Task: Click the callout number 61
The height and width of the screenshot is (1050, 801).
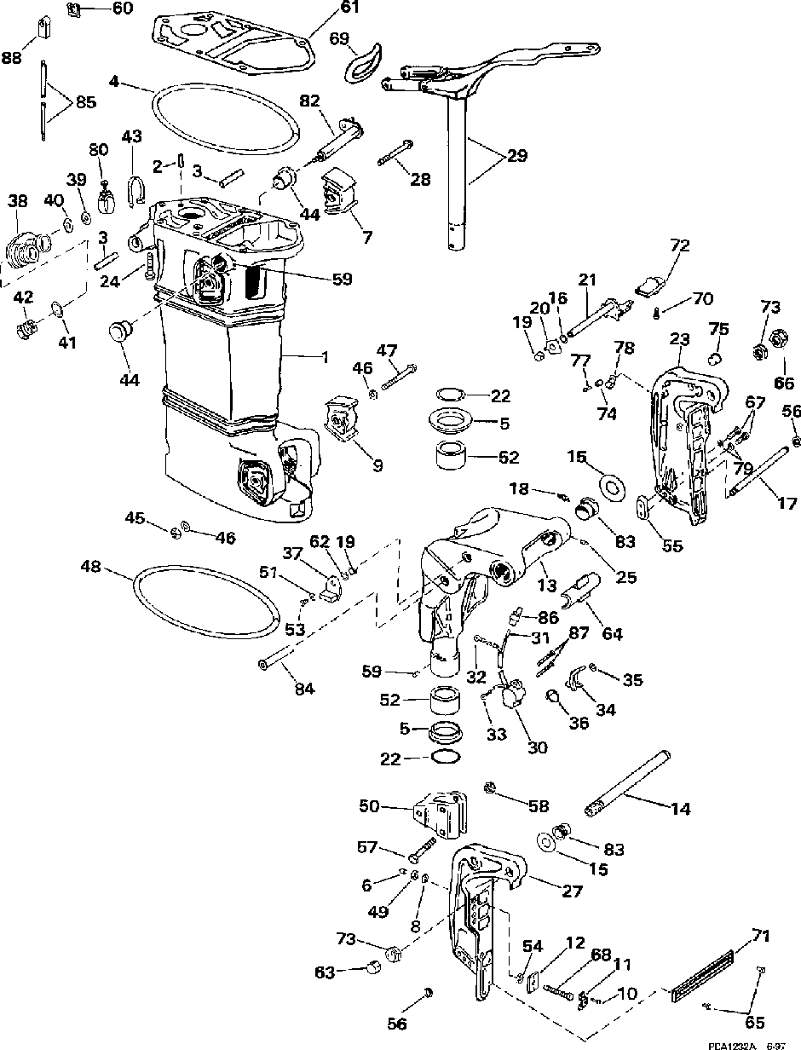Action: (326, 8)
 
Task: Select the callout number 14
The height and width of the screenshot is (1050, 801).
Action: (680, 809)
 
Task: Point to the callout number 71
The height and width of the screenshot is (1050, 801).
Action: (762, 937)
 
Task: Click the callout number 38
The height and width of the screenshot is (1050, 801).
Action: (18, 201)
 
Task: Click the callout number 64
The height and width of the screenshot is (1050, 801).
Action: (612, 634)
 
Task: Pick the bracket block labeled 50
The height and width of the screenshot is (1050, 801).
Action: (442, 812)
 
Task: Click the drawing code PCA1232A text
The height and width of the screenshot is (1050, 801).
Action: (735, 1044)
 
